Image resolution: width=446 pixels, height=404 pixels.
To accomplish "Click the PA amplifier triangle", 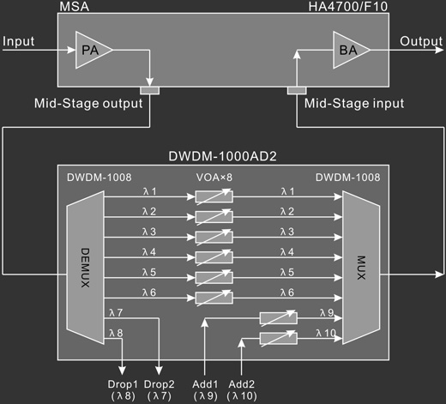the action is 91,50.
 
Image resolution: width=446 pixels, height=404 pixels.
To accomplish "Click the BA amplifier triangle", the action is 349,50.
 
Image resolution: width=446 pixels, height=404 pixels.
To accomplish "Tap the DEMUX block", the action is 85,268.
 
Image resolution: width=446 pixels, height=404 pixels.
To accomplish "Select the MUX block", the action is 361,268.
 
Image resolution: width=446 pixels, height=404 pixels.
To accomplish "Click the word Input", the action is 19,42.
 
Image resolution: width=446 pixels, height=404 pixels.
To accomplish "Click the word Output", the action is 421,41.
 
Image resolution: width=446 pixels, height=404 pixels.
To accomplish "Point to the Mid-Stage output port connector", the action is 150,91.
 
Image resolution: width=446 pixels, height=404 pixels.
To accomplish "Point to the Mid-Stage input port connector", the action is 297,91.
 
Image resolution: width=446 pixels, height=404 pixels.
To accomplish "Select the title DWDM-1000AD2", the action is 223,156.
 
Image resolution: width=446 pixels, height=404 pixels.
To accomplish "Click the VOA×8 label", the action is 214,178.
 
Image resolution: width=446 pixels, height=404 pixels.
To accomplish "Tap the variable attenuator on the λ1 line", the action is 214,196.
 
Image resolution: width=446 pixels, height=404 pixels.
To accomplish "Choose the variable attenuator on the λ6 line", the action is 214,298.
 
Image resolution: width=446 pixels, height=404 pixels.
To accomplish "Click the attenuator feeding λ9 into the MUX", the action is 279,318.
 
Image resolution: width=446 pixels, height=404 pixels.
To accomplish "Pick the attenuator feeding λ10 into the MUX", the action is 279,339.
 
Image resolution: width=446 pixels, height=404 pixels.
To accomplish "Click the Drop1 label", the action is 123,384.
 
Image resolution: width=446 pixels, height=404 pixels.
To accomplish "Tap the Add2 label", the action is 242,384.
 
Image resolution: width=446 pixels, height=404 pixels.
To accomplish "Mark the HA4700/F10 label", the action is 348,6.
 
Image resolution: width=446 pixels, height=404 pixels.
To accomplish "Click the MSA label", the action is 75,7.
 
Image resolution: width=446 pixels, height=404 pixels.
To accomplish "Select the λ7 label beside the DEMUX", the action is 116,313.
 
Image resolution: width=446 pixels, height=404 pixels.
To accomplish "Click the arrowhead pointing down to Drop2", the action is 159,371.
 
